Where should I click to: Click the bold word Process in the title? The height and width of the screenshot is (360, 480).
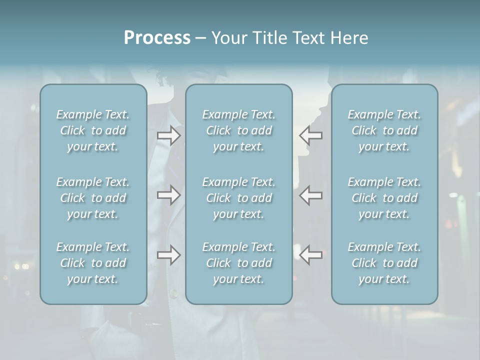[157, 38]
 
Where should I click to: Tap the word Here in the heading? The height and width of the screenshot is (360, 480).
[349, 38]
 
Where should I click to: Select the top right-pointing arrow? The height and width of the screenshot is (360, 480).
[169, 135]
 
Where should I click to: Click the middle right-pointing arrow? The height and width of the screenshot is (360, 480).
[169, 195]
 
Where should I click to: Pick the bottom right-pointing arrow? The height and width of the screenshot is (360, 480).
[169, 255]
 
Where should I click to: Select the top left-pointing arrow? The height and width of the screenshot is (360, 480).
[311, 135]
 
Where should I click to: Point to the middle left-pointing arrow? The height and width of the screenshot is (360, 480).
[311, 195]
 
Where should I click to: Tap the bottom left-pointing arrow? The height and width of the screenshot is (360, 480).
[311, 255]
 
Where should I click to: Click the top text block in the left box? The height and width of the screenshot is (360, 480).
[93, 130]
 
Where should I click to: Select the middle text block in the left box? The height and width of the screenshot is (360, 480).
[93, 198]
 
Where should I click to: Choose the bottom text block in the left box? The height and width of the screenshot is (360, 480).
[93, 263]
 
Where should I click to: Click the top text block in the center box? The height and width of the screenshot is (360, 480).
[239, 130]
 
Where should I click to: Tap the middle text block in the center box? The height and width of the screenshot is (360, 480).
[239, 198]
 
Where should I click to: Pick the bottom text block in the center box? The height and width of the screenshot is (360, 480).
[239, 263]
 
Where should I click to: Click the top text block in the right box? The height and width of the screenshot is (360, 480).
[384, 130]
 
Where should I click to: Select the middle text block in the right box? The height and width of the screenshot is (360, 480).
[384, 198]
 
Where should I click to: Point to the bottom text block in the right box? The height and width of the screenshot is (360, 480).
[384, 263]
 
